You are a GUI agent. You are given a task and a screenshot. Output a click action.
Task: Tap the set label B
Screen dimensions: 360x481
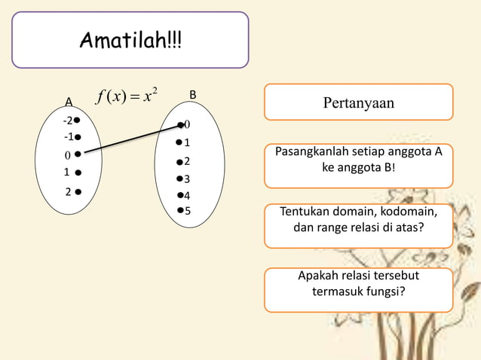tap(193, 95)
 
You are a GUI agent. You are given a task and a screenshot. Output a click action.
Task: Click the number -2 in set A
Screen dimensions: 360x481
tap(67, 121)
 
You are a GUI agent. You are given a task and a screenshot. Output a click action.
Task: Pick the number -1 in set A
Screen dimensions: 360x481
tap(68, 137)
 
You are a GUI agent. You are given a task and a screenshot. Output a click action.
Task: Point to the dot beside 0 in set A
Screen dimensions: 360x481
tap(78, 154)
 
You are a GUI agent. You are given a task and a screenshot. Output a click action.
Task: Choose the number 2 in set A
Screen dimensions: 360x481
tap(67, 191)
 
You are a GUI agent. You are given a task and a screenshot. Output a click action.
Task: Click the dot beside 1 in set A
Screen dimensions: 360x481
tap(78, 172)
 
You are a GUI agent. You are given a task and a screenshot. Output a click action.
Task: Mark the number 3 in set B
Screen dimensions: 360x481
tap(187, 179)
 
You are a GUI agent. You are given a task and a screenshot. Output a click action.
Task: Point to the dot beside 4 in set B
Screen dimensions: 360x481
tap(179, 195)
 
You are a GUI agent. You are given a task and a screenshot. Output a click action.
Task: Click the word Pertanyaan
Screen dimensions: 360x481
tap(358, 102)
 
